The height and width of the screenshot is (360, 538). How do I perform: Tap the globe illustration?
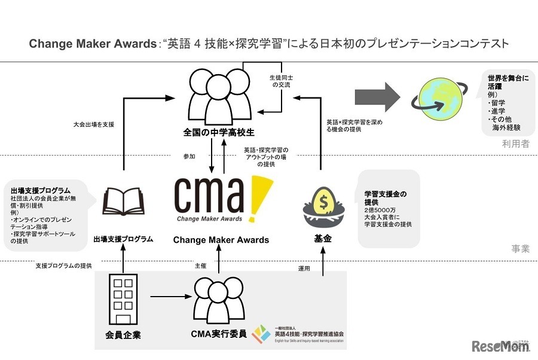tap(437, 99)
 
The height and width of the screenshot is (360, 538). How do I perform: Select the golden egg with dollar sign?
tap(323, 196)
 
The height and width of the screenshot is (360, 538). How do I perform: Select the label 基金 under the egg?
tap(323, 239)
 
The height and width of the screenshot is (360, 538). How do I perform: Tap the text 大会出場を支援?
tap(92, 124)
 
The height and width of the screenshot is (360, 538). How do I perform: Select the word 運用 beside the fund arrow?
tap(304, 269)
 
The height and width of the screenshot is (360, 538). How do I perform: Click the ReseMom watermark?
tap(501, 347)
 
